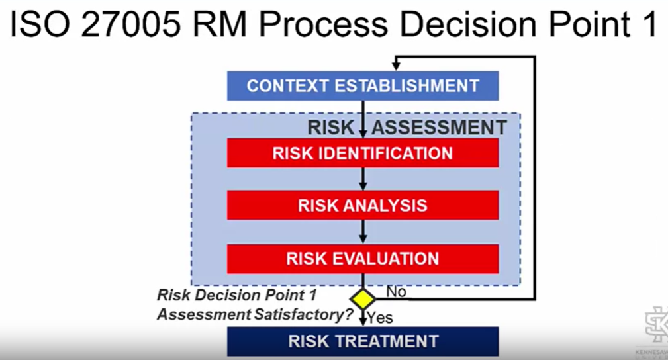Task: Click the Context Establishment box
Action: coord(363,86)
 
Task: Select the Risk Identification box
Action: coord(363,153)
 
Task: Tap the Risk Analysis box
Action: coord(363,205)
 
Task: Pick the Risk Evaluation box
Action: coord(363,258)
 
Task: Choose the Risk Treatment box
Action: coord(363,341)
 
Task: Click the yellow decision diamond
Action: coord(363,298)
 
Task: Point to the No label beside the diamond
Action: coord(396,292)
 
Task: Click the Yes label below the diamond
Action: coord(380,318)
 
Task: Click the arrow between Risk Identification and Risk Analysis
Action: coord(363,179)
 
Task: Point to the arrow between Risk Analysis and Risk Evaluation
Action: coord(363,232)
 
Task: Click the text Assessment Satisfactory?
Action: coord(254,315)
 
